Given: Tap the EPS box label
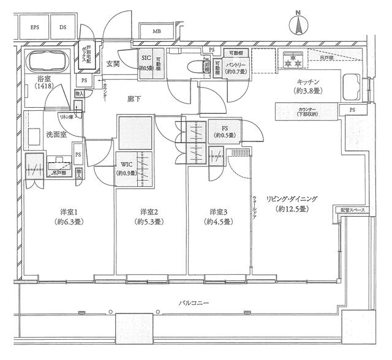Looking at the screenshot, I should point(34,28).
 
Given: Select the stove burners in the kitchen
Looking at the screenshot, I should point(290,61).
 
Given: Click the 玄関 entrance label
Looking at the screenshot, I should point(113,63).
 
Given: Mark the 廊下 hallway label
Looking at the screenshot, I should point(134,98).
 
